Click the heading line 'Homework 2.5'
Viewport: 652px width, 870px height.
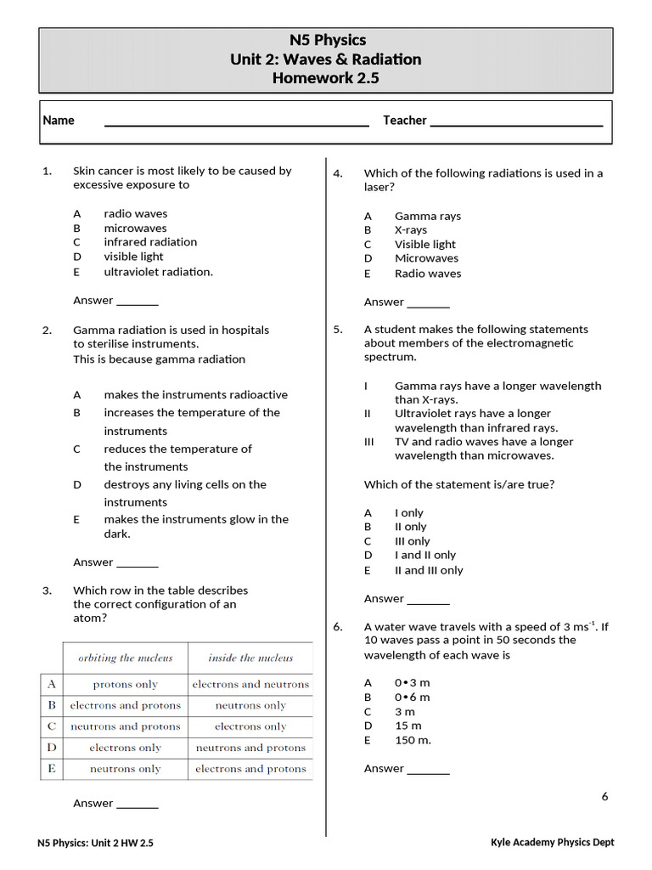(x=325, y=78)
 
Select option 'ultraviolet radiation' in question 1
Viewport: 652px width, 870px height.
(x=158, y=272)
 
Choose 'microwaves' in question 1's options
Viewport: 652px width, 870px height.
(x=135, y=228)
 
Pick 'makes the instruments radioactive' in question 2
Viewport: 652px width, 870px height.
(x=195, y=394)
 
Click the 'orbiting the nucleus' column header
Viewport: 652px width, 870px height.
(x=125, y=658)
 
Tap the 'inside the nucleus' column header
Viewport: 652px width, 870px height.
(x=250, y=658)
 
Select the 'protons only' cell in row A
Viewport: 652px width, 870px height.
(x=125, y=684)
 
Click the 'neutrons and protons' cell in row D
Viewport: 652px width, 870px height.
(x=250, y=748)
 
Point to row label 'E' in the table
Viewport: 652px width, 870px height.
(x=52, y=769)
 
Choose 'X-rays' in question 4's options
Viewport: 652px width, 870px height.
(x=411, y=230)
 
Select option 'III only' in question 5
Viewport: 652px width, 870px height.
(x=412, y=541)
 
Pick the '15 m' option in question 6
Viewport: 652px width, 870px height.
(x=407, y=726)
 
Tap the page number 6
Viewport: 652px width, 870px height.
(x=605, y=796)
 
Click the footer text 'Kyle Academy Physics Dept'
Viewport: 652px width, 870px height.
(x=552, y=842)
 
